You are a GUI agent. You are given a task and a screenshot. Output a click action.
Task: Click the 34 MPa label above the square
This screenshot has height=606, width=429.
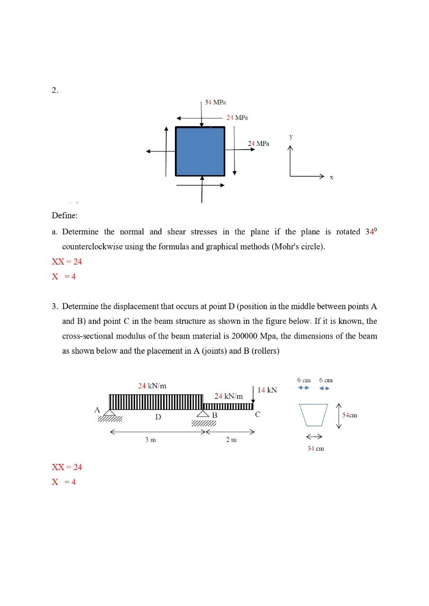click(215, 102)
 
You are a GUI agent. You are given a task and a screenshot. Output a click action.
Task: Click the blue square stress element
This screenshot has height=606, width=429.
click(200, 151)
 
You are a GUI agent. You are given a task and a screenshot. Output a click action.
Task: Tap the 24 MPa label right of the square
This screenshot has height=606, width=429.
click(258, 143)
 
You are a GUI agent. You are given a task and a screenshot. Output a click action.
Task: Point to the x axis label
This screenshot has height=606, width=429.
click(331, 178)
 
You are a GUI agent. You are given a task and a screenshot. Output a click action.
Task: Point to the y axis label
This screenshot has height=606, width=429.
click(291, 136)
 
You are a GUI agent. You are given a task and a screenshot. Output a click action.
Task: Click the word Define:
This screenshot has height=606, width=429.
click(64, 216)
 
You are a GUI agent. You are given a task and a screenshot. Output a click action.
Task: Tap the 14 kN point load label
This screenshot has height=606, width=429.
click(267, 390)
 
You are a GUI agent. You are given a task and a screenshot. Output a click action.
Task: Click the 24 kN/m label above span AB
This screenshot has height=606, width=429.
click(152, 386)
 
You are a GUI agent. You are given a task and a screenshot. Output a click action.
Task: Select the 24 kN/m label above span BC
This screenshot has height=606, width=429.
click(228, 396)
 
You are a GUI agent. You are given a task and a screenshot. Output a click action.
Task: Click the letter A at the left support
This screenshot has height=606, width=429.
click(97, 410)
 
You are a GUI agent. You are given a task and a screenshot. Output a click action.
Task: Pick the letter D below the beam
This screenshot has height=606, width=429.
click(158, 417)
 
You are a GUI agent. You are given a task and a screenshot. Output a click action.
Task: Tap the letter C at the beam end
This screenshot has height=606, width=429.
click(257, 415)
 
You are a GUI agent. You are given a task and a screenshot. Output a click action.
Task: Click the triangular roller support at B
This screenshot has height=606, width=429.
click(203, 413)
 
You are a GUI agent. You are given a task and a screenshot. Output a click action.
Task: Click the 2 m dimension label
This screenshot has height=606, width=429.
click(231, 440)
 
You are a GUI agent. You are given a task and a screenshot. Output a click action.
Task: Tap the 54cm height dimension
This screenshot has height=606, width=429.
click(350, 415)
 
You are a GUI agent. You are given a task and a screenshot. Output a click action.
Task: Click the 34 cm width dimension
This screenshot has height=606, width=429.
click(316, 448)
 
